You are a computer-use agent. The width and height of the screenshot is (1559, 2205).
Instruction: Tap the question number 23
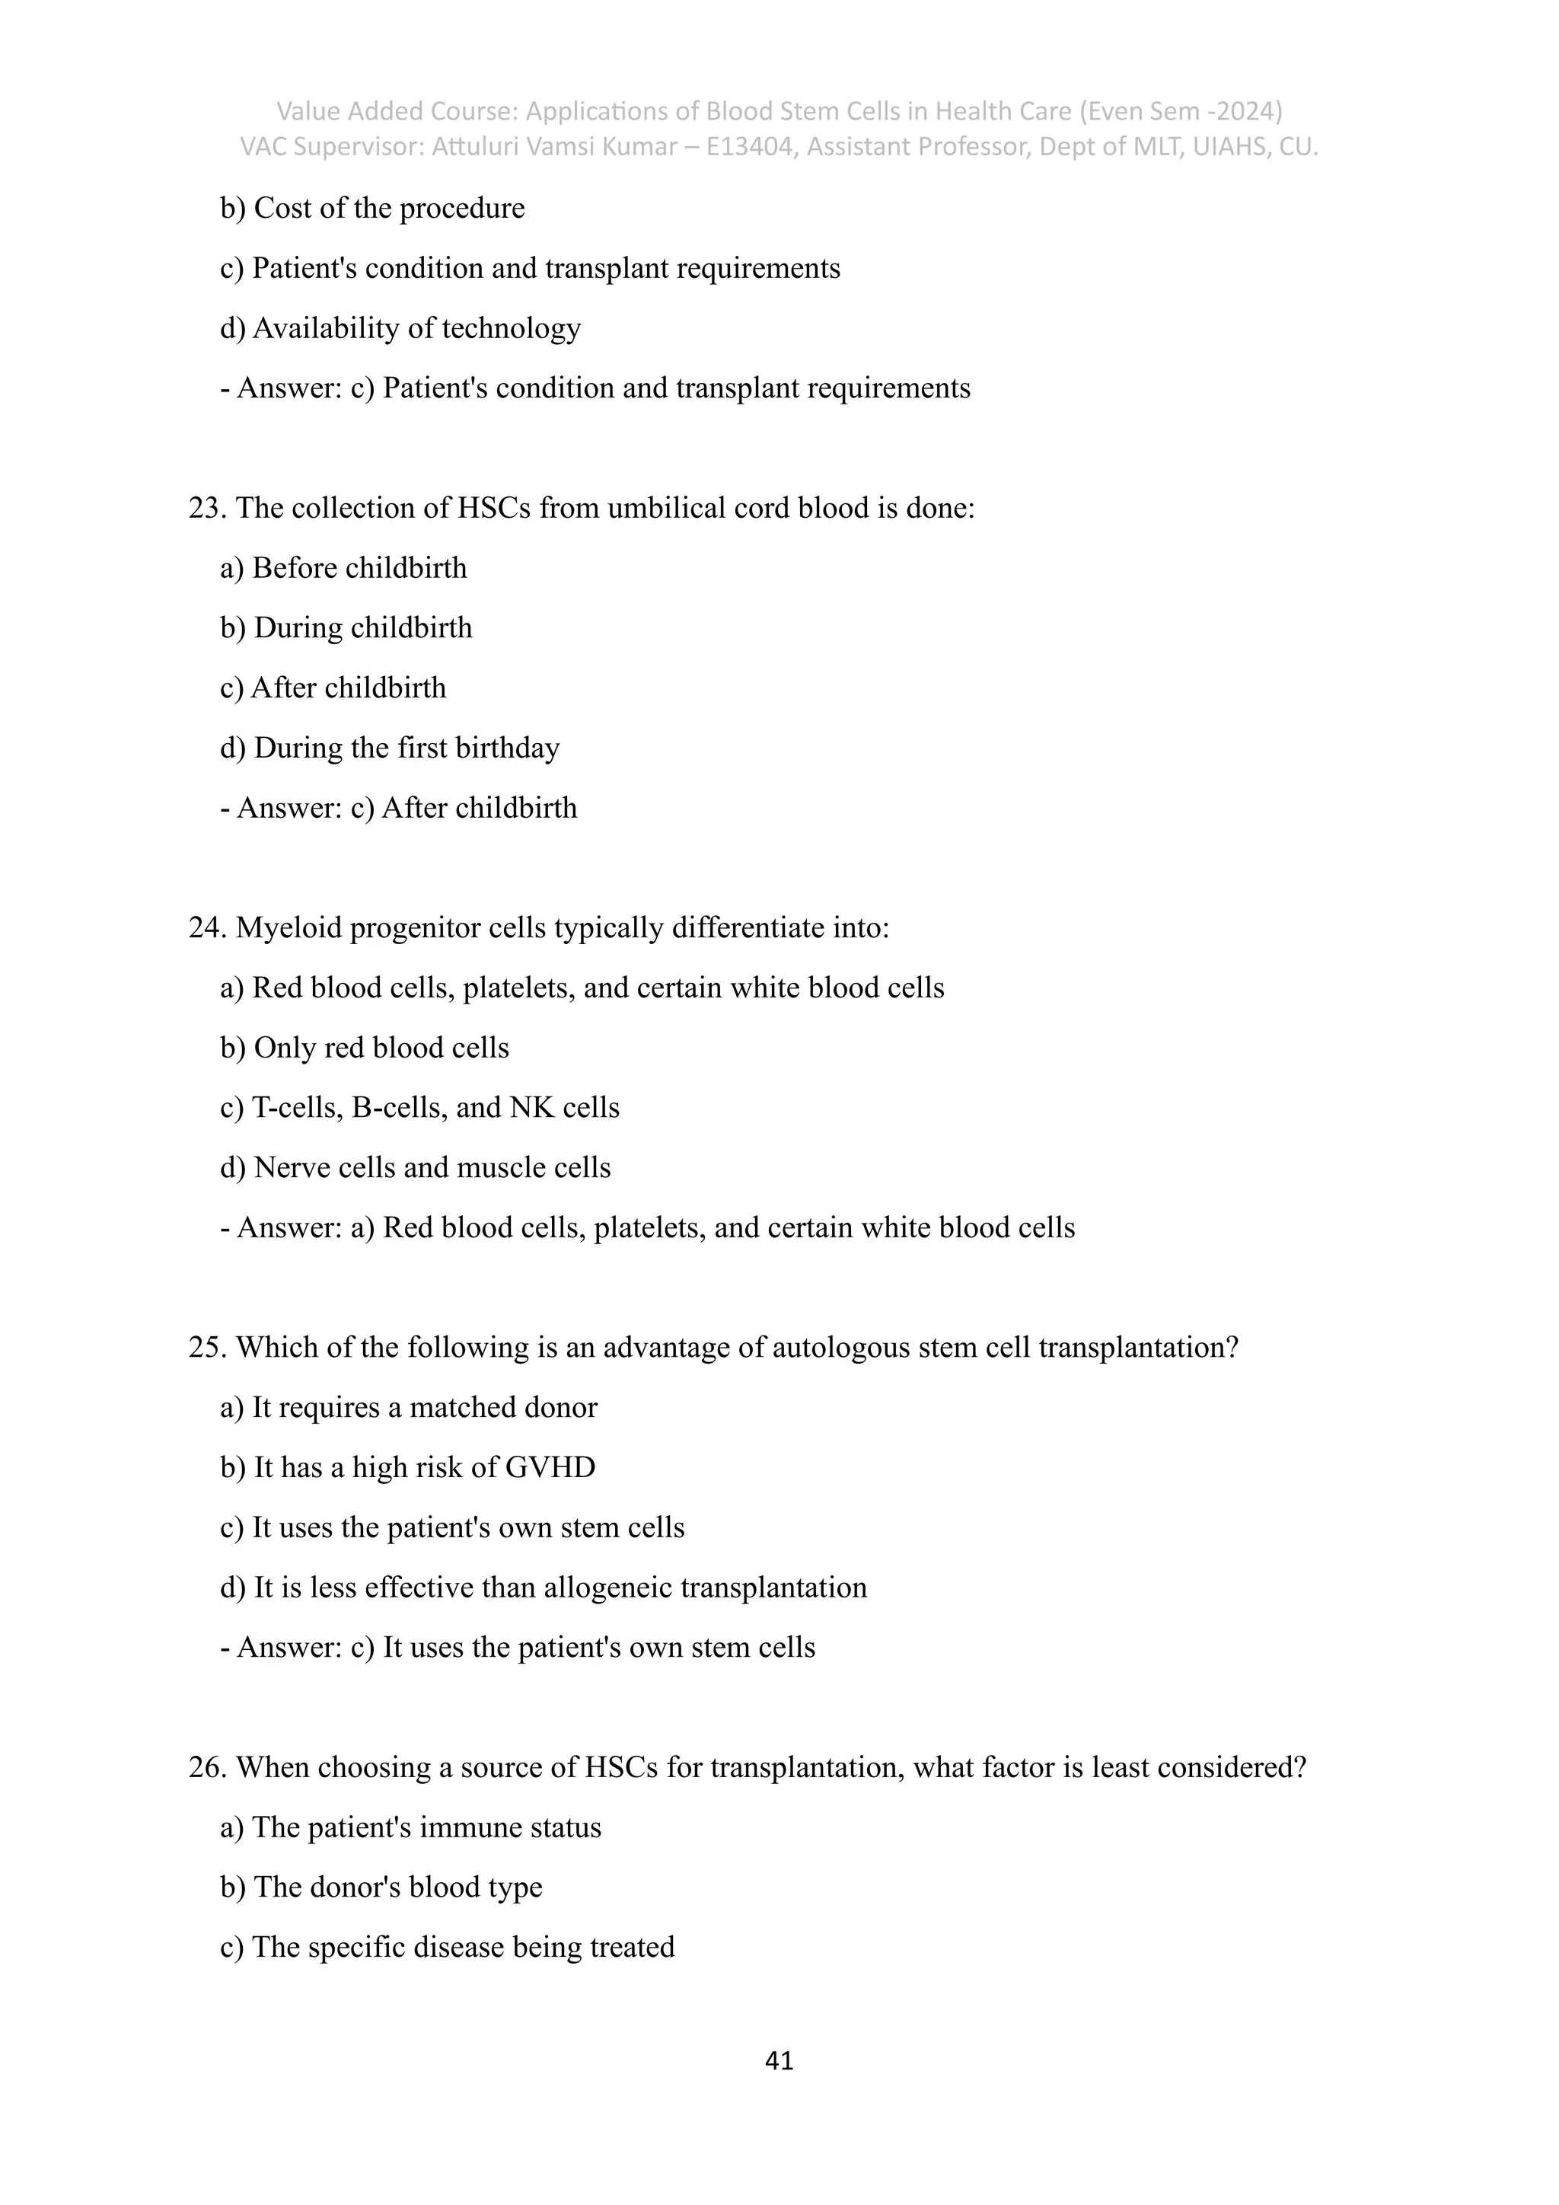point(206,508)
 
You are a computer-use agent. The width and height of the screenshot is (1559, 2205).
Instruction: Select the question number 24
point(206,927)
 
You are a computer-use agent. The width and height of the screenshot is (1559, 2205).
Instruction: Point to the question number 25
point(206,1348)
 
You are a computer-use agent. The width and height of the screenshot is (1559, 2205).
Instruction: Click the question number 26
point(206,1767)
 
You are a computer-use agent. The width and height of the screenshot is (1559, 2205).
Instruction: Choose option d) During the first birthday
point(390,748)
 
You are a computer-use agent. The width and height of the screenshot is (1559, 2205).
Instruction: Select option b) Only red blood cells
point(365,1048)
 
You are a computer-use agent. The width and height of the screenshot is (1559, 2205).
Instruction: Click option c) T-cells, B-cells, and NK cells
point(419,1107)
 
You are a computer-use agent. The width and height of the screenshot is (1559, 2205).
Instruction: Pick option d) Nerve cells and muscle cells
point(416,1168)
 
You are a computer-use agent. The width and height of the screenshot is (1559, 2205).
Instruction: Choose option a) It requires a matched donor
point(409,1408)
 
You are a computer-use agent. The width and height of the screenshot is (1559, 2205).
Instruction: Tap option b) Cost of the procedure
point(372,209)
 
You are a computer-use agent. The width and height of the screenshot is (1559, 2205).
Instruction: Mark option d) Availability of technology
point(400,328)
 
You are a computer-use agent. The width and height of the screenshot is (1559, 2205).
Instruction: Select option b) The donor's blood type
point(381,1887)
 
